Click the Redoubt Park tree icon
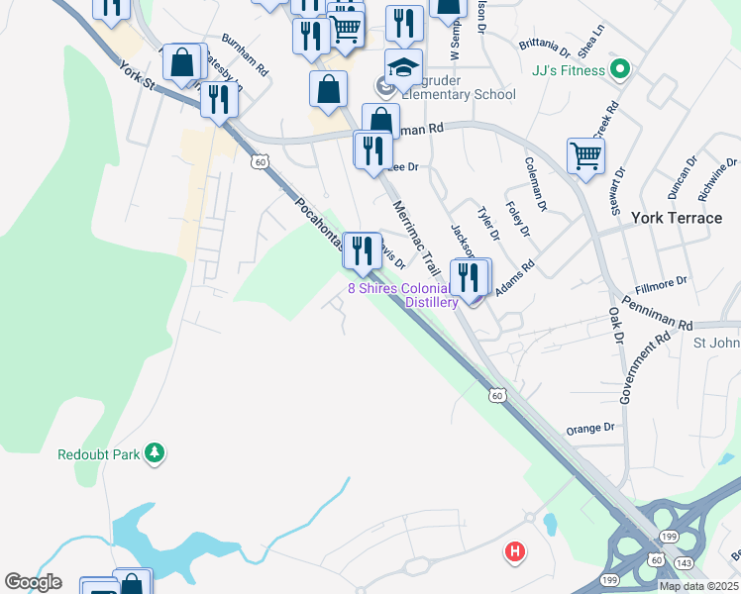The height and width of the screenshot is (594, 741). click(154, 453)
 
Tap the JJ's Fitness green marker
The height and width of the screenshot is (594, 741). click(620, 69)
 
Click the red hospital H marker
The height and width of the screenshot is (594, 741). click(515, 551)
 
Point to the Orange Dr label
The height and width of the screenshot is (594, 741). click(590, 429)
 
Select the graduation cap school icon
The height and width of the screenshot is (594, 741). click(403, 67)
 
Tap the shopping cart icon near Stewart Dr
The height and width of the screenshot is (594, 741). click(585, 155)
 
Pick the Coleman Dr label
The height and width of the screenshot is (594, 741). click(536, 184)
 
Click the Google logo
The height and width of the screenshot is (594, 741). click(33, 582)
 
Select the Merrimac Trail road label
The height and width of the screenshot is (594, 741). click(416, 239)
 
